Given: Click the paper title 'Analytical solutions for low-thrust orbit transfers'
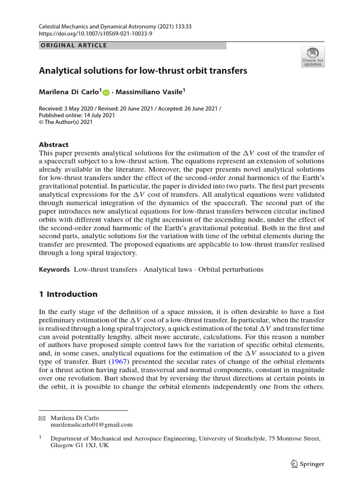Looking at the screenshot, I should click(x=143, y=71).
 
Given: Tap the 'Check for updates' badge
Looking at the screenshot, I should click(x=312, y=57).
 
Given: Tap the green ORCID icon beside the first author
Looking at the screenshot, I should click(x=105, y=93).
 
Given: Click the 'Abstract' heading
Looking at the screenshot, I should click(x=53, y=145).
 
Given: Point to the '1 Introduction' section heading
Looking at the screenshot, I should click(x=68, y=294).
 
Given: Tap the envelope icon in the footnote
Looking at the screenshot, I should click(x=42, y=418).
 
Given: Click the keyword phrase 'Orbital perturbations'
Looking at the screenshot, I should click(x=231, y=269).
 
